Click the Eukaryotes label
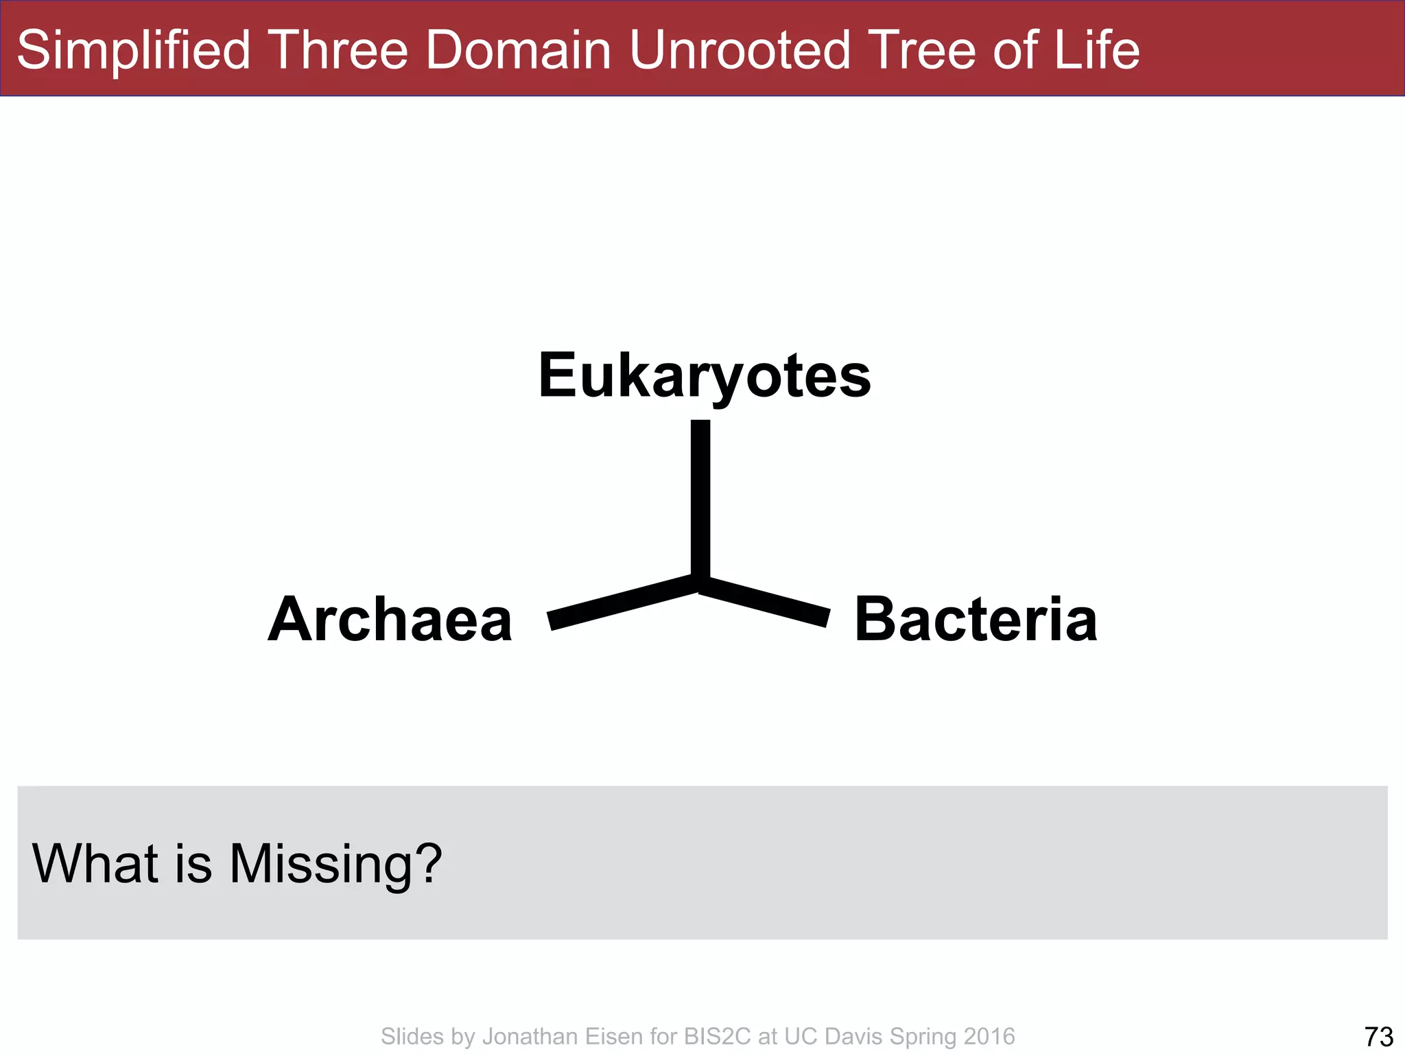(705, 376)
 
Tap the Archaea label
(390, 620)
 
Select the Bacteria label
(976, 620)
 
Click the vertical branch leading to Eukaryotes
(700, 497)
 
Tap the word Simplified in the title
(134, 50)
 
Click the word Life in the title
(1097, 50)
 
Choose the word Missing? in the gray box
(335, 864)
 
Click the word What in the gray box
(95, 863)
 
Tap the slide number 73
(1378, 1036)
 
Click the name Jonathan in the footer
(530, 1036)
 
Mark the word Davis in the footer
(853, 1036)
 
